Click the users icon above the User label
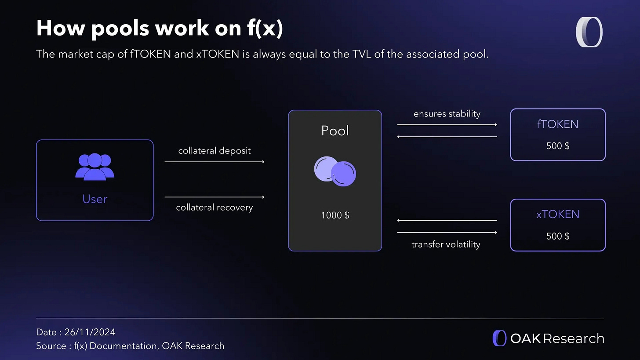95,167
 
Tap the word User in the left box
95,199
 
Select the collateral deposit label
214,151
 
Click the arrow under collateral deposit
214,162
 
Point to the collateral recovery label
214,207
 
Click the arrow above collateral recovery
214,197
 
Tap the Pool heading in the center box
335,131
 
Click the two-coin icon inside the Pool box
335,171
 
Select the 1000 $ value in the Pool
335,215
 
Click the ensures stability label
447,114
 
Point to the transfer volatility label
446,244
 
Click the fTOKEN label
557,124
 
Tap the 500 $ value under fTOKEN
557,146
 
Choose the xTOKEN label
557,215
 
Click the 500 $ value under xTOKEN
557,236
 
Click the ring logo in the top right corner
589,32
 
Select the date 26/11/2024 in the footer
90,332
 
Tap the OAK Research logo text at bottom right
557,338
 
